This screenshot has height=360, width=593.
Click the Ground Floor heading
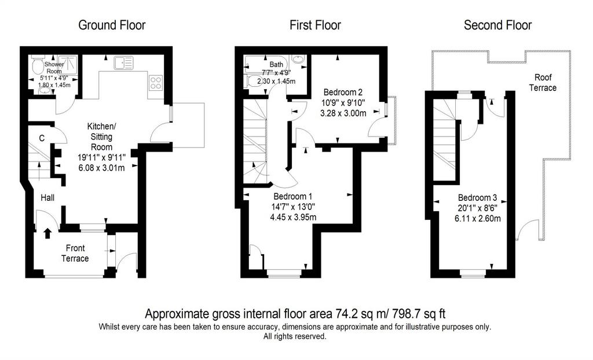tap(112, 25)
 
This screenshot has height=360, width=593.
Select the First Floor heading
tap(315, 25)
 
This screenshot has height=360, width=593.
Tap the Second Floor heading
tap(497, 25)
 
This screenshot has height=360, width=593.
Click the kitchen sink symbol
tap(124, 63)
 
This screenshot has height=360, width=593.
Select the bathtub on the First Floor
tap(267, 64)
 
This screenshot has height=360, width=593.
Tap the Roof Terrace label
tap(543, 82)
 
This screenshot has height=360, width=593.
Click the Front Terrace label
tap(75, 254)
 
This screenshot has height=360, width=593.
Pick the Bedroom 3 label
tap(477, 197)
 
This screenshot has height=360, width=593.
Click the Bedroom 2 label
tap(343, 92)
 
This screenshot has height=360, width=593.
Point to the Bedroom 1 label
tap(292, 196)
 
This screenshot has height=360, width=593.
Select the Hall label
tap(47, 197)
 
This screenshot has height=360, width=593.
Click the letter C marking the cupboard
tap(42, 138)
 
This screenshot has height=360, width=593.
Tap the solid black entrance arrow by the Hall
tap(47, 233)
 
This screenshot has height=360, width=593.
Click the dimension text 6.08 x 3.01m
tap(102, 167)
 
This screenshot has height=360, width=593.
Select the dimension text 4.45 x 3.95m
tap(293, 217)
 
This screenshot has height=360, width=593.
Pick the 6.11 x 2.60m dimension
tap(478, 218)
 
